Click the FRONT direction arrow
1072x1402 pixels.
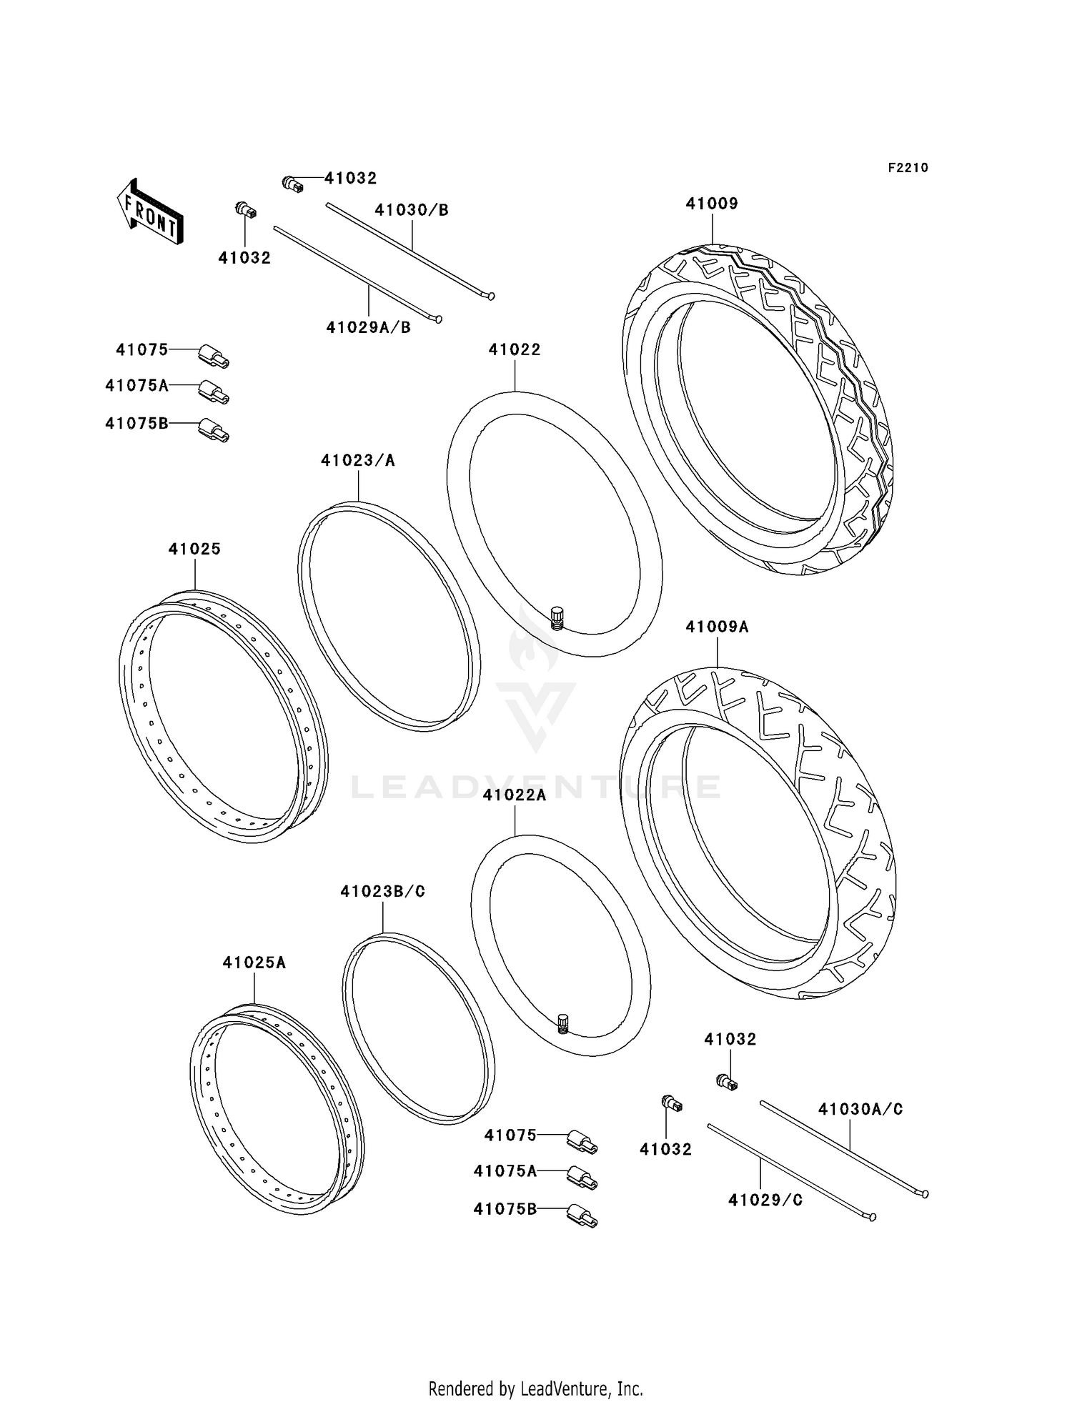tap(149, 212)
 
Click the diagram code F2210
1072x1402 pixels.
tap(908, 168)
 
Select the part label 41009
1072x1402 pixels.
tap(712, 204)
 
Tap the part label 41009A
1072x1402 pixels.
tap(717, 627)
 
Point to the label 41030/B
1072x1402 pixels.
tap(412, 210)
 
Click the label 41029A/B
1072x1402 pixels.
tap(369, 328)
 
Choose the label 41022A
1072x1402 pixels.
tap(515, 795)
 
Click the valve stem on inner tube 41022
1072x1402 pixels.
tap(557, 617)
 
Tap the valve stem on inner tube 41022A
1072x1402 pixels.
tap(562, 1024)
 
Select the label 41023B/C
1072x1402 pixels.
tap(383, 892)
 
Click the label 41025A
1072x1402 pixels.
tap(254, 963)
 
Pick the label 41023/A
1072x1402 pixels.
tap(358, 461)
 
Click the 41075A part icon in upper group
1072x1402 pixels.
tap(214, 392)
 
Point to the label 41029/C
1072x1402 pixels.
tap(765, 1200)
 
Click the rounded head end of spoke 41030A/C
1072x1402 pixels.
tap(925, 1193)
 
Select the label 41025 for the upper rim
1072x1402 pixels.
tap(194, 549)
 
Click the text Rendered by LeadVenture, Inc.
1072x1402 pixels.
tap(535, 1388)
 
